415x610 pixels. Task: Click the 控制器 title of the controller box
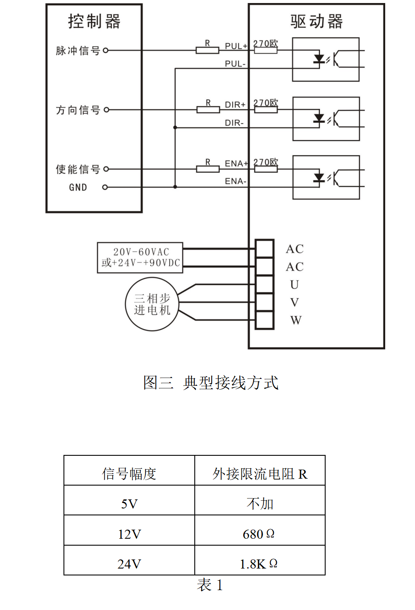pos(94,21)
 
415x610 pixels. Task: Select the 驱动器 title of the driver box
pos(317,21)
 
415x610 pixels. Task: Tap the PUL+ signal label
pos(236,46)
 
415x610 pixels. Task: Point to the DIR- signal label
pos(234,123)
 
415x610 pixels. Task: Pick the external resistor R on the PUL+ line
pos(207,51)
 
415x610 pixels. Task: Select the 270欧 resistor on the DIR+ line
pos(266,110)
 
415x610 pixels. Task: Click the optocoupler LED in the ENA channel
pos(319,177)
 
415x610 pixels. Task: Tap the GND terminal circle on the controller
pos(105,187)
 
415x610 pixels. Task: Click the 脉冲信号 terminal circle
pos(105,51)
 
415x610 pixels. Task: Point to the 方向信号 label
pos(78,110)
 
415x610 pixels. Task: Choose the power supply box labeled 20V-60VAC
pos(140,257)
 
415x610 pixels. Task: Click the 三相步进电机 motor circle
pos(152,304)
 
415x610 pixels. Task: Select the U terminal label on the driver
pos(295,285)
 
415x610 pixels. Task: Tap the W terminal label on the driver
pos(296,320)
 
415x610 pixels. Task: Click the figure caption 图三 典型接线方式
pos(211,382)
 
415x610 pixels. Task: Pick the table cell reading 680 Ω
pos(259,534)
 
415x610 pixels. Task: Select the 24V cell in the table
pos(129,564)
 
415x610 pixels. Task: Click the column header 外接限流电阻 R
pos(260,474)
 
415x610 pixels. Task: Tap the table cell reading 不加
pos(260,504)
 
